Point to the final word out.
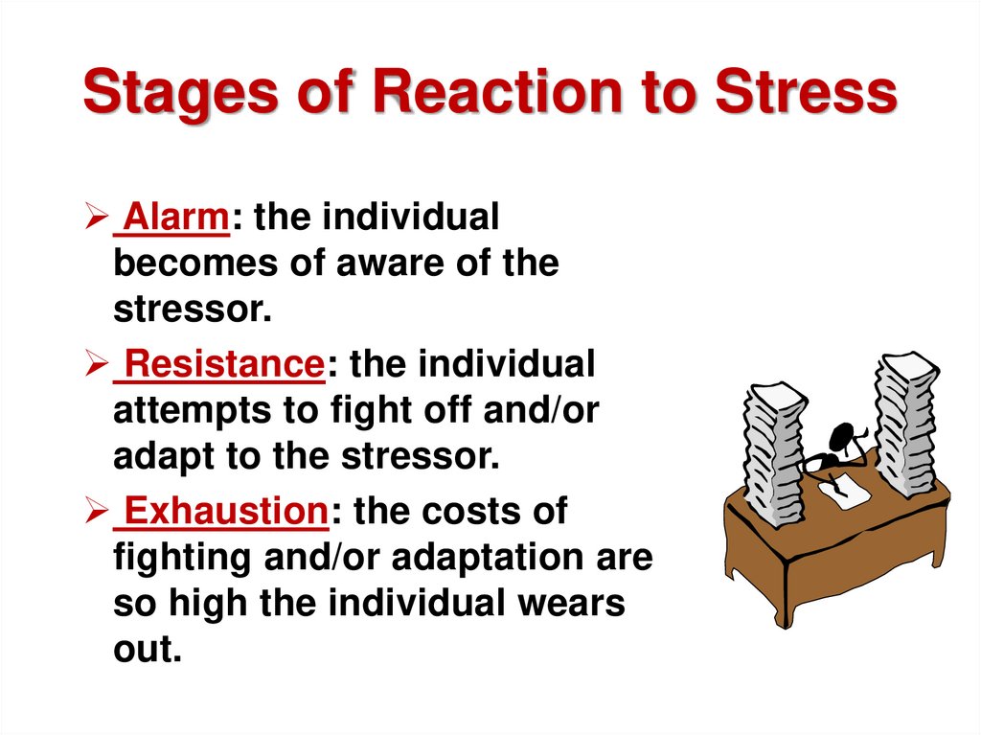[147, 649]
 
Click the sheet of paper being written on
[842, 489]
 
